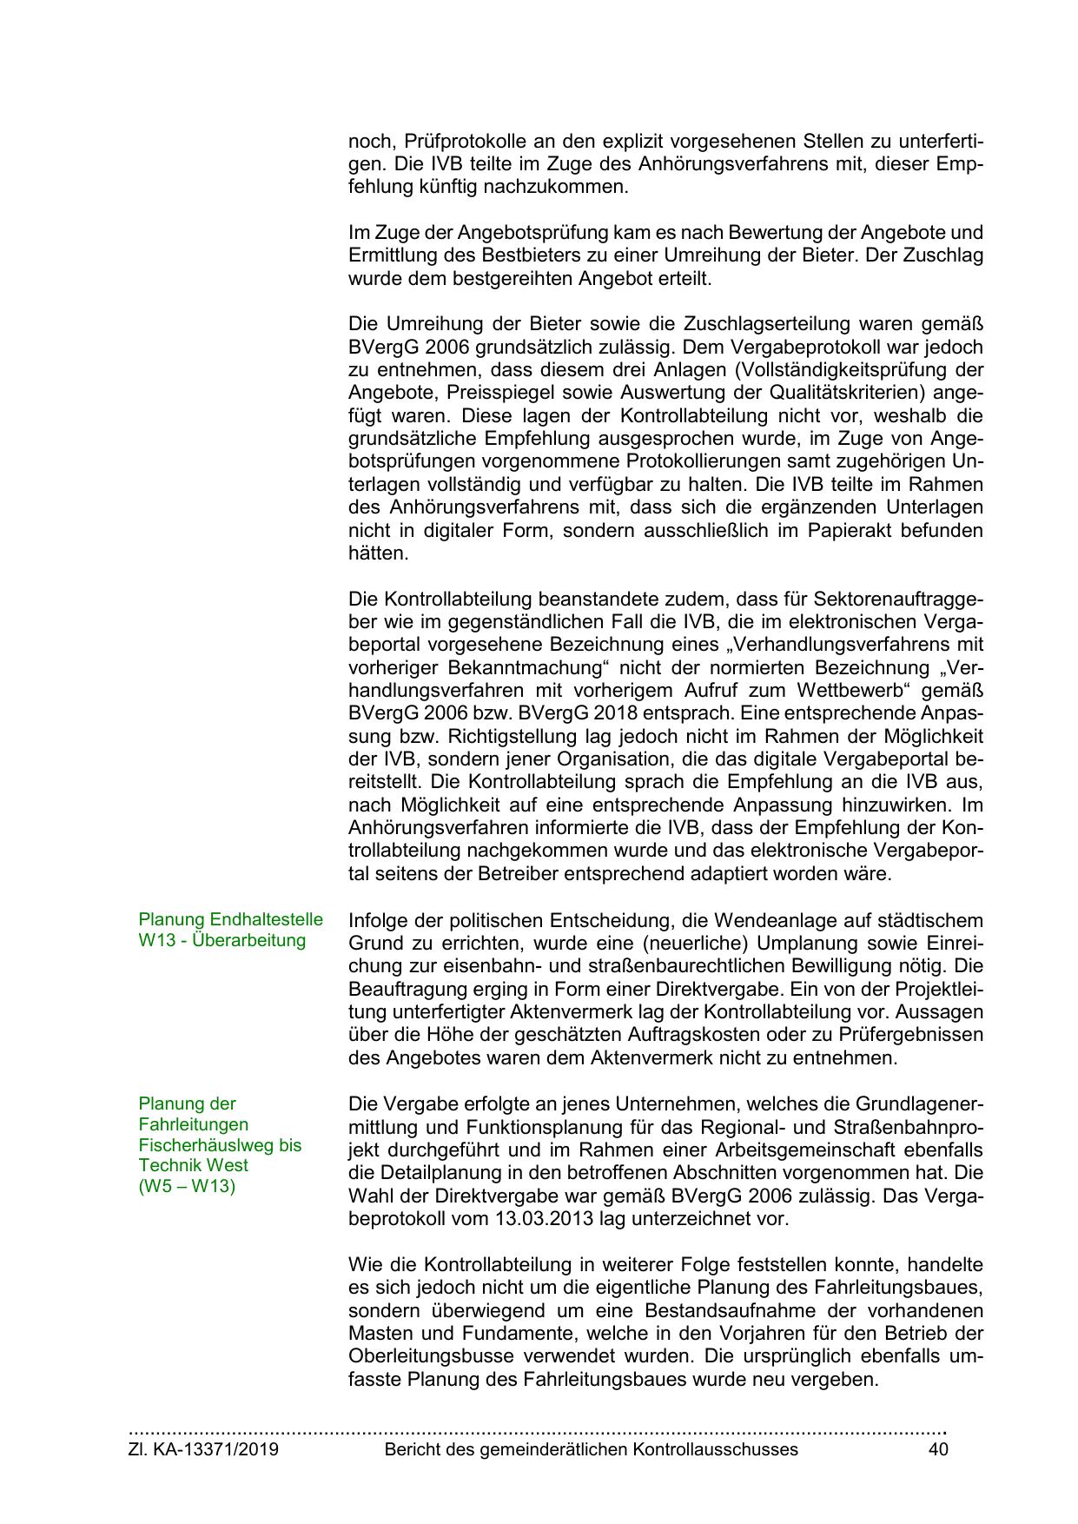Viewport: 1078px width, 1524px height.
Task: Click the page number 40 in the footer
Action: (x=937, y=1449)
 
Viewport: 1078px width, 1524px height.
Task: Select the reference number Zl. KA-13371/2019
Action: (x=203, y=1449)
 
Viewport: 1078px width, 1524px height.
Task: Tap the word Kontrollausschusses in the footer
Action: (x=715, y=1449)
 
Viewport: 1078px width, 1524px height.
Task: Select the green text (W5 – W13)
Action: (x=187, y=1186)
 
